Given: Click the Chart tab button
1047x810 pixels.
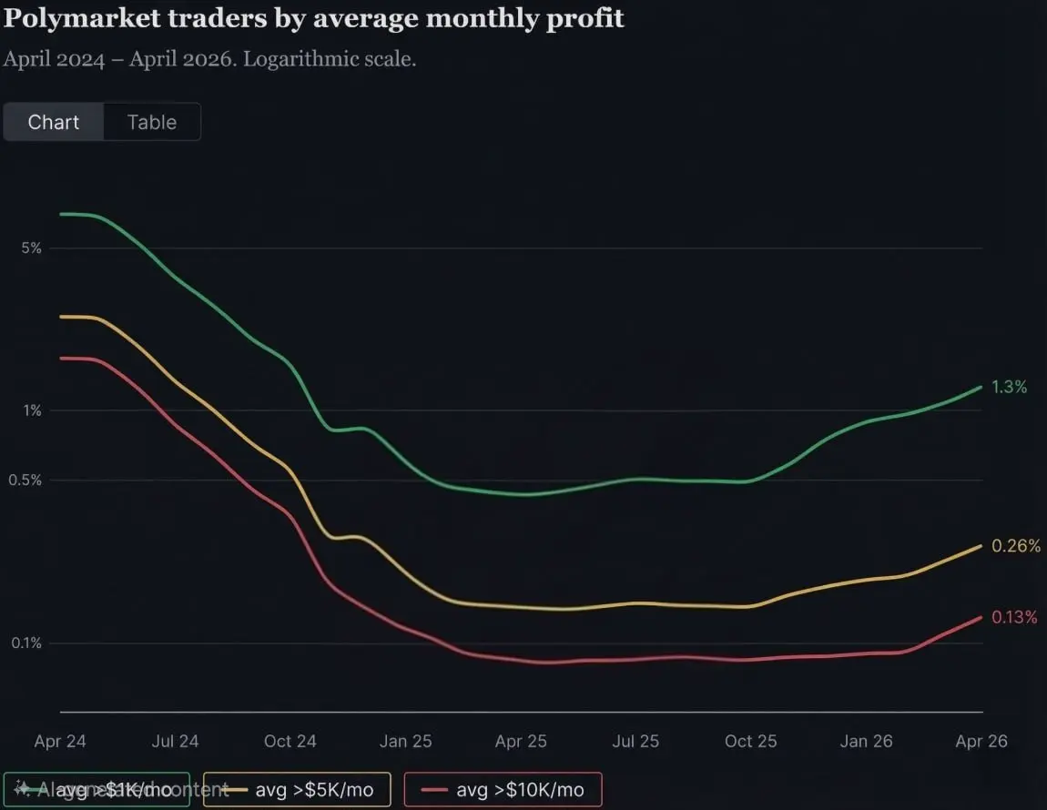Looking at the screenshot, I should tap(54, 122).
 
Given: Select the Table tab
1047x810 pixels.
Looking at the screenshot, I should tap(152, 122).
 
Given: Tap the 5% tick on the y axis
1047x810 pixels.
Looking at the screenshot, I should tap(31, 248).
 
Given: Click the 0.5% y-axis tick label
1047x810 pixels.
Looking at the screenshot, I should tap(26, 481).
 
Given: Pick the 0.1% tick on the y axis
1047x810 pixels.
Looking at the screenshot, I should tap(26, 643).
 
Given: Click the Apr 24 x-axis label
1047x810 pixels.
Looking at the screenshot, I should tap(60, 741).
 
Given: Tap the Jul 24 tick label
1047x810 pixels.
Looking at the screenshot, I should tap(175, 741).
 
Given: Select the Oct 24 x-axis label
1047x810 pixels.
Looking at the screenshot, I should tap(290, 741).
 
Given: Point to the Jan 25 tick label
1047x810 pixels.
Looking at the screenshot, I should tap(406, 741).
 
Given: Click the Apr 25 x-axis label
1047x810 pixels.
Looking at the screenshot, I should tap(521, 741).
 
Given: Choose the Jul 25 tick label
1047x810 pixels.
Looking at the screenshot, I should tap(635, 741).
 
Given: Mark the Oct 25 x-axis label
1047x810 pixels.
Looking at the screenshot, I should tap(751, 741).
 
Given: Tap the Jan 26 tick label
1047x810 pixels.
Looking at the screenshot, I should tap(867, 741).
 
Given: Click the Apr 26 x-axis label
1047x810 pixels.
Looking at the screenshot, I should tap(981, 741).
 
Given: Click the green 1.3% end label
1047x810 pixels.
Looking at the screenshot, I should tap(1009, 387).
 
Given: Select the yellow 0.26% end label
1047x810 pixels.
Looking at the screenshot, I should tap(1013, 546).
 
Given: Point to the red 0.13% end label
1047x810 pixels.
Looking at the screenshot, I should tap(1013, 617).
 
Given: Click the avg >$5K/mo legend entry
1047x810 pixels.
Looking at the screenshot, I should tap(298, 789).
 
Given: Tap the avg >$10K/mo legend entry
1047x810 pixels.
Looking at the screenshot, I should tap(503, 789).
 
